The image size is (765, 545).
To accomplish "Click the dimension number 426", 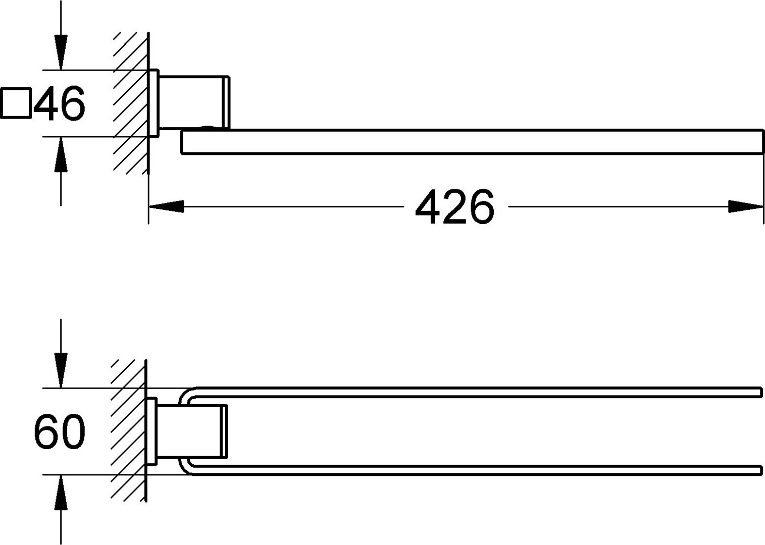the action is [454, 207].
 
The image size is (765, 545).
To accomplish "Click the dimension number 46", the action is [59, 103].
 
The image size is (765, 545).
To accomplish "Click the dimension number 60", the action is [60, 431].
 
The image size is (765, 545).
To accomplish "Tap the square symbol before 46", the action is [16, 103].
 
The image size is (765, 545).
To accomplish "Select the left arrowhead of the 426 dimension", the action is [166, 206].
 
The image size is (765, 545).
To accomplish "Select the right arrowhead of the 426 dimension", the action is [745, 206].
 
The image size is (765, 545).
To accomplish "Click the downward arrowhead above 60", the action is [61, 370].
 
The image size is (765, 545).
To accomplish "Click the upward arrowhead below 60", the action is [61, 493].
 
